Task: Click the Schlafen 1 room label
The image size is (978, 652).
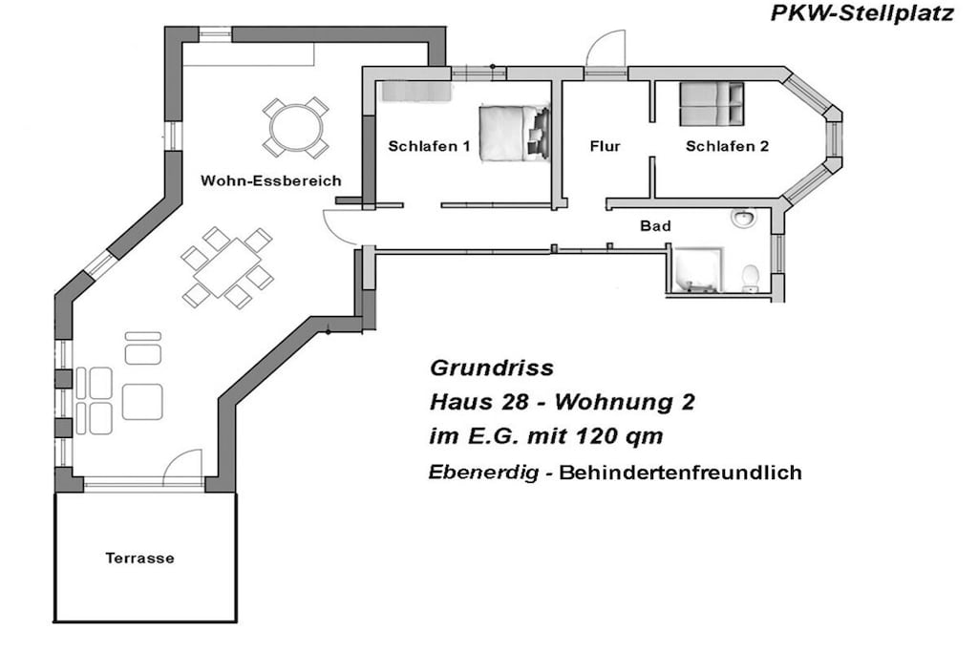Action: pyautogui.click(x=429, y=146)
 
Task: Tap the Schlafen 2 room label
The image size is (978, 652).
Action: pyautogui.click(x=727, y=146)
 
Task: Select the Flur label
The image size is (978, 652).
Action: pyautogui.click(x=605, y=146)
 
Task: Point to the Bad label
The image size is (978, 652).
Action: pyautogui.click(x=655, y=226)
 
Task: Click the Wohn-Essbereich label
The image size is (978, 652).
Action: pyautogui.click(x=270, y=180)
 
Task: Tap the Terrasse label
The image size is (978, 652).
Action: pyautogui.click(x=139, y=557)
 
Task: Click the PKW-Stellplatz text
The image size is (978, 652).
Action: pyautogui.click(x=862, y=13)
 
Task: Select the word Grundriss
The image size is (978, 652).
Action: pyautogui.click(x=492, y=368)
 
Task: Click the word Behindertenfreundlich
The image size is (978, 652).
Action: pyautogui.click(x=680, y=473)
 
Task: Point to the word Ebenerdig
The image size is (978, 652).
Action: pyautogui.click(x=483, y=473)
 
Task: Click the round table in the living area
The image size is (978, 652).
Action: pyautogui.click(x=296, y=128)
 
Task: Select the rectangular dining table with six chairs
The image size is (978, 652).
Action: pyautogui.click(x=227, y=267)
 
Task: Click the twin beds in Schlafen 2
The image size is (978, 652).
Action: pyautogui.click(x=712, y=103)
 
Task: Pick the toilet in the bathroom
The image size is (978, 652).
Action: pyautogui.click(x=751, y=278)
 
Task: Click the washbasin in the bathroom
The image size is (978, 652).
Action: pyautogui.click(x=743, y=219)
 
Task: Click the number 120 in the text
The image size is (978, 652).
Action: pyautogui.click(x=598, y=435)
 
